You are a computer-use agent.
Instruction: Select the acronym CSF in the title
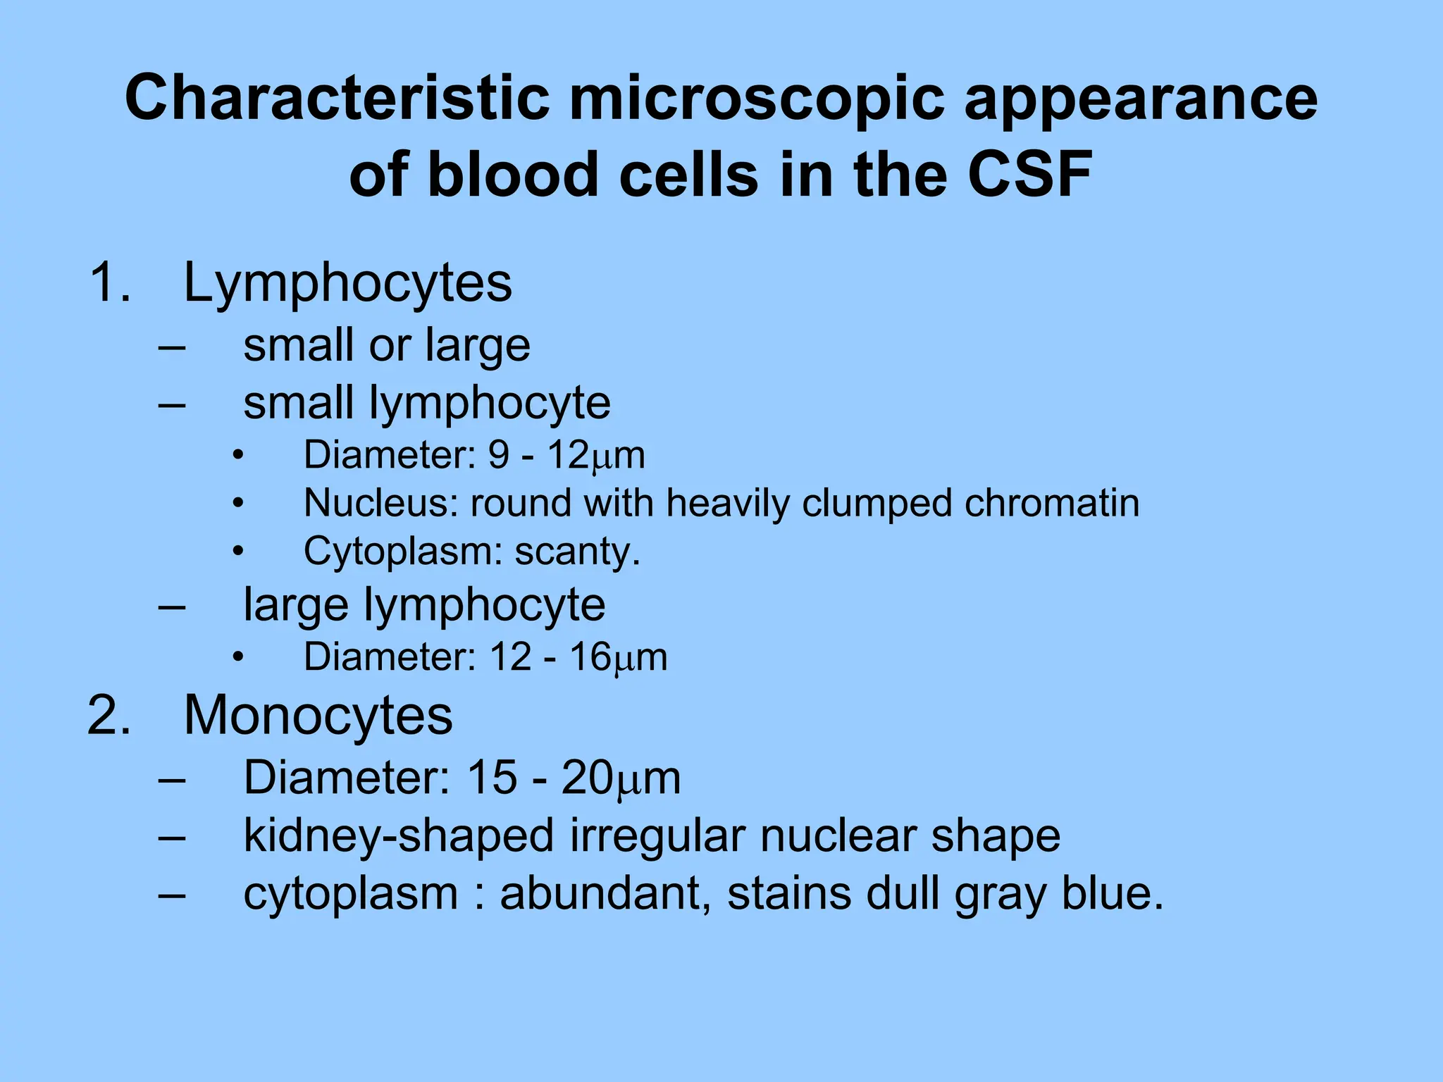1029,174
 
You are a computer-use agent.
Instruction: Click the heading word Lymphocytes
347,283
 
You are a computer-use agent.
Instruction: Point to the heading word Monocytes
318,716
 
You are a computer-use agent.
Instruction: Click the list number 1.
109,283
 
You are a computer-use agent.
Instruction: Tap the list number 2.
109,716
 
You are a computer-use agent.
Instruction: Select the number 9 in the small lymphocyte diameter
498,455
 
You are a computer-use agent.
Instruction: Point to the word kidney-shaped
399,837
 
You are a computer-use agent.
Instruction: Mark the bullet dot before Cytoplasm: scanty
239,552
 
